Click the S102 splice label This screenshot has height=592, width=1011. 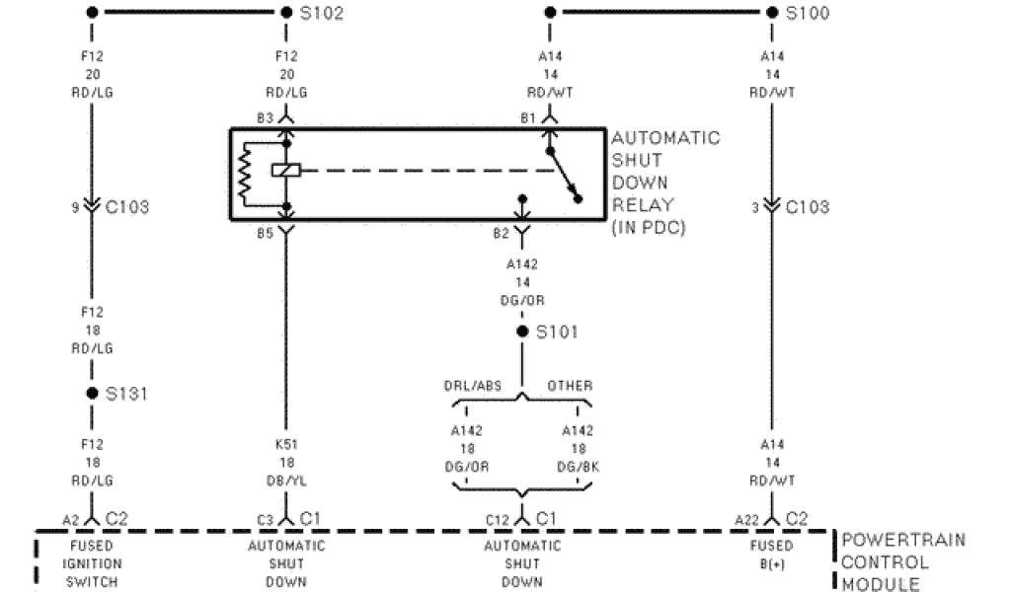(323, 14)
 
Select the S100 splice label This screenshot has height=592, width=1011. (807, 14)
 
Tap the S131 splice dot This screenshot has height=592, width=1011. (92, 393)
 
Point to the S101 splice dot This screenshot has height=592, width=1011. (522, 332)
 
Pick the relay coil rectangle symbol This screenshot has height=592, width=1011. (286, 171)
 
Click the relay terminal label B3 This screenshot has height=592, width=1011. (265, 118)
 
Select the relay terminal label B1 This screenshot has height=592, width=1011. (526, 118)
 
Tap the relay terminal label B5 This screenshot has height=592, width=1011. (265, 234)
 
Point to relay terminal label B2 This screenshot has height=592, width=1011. (502, 234)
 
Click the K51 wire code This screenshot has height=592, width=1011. (286, 445)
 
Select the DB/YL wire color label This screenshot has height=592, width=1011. (286, 481)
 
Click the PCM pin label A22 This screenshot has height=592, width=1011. (746, 519)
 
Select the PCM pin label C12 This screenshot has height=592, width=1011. (498, 519)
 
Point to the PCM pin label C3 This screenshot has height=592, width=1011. (265, 519)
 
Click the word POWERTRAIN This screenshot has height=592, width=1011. (902, 541)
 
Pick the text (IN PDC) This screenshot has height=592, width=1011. (648, 228)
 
